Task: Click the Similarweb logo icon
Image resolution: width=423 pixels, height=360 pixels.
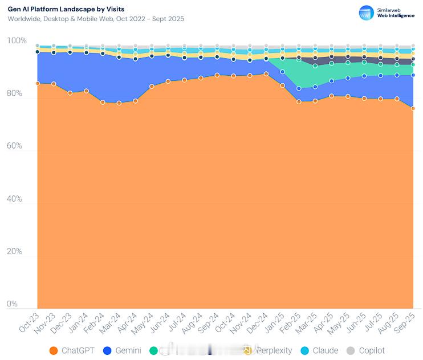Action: coord(365,13)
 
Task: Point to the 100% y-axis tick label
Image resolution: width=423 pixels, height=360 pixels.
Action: coord(17,41)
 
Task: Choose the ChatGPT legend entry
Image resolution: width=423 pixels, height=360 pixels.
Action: coord(72,351)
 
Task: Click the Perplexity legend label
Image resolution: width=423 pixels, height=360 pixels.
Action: coord(273,351)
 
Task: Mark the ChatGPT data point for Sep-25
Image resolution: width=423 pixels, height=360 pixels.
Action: coord(413,108)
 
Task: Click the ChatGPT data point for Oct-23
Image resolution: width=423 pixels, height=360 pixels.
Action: coord(38,83)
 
